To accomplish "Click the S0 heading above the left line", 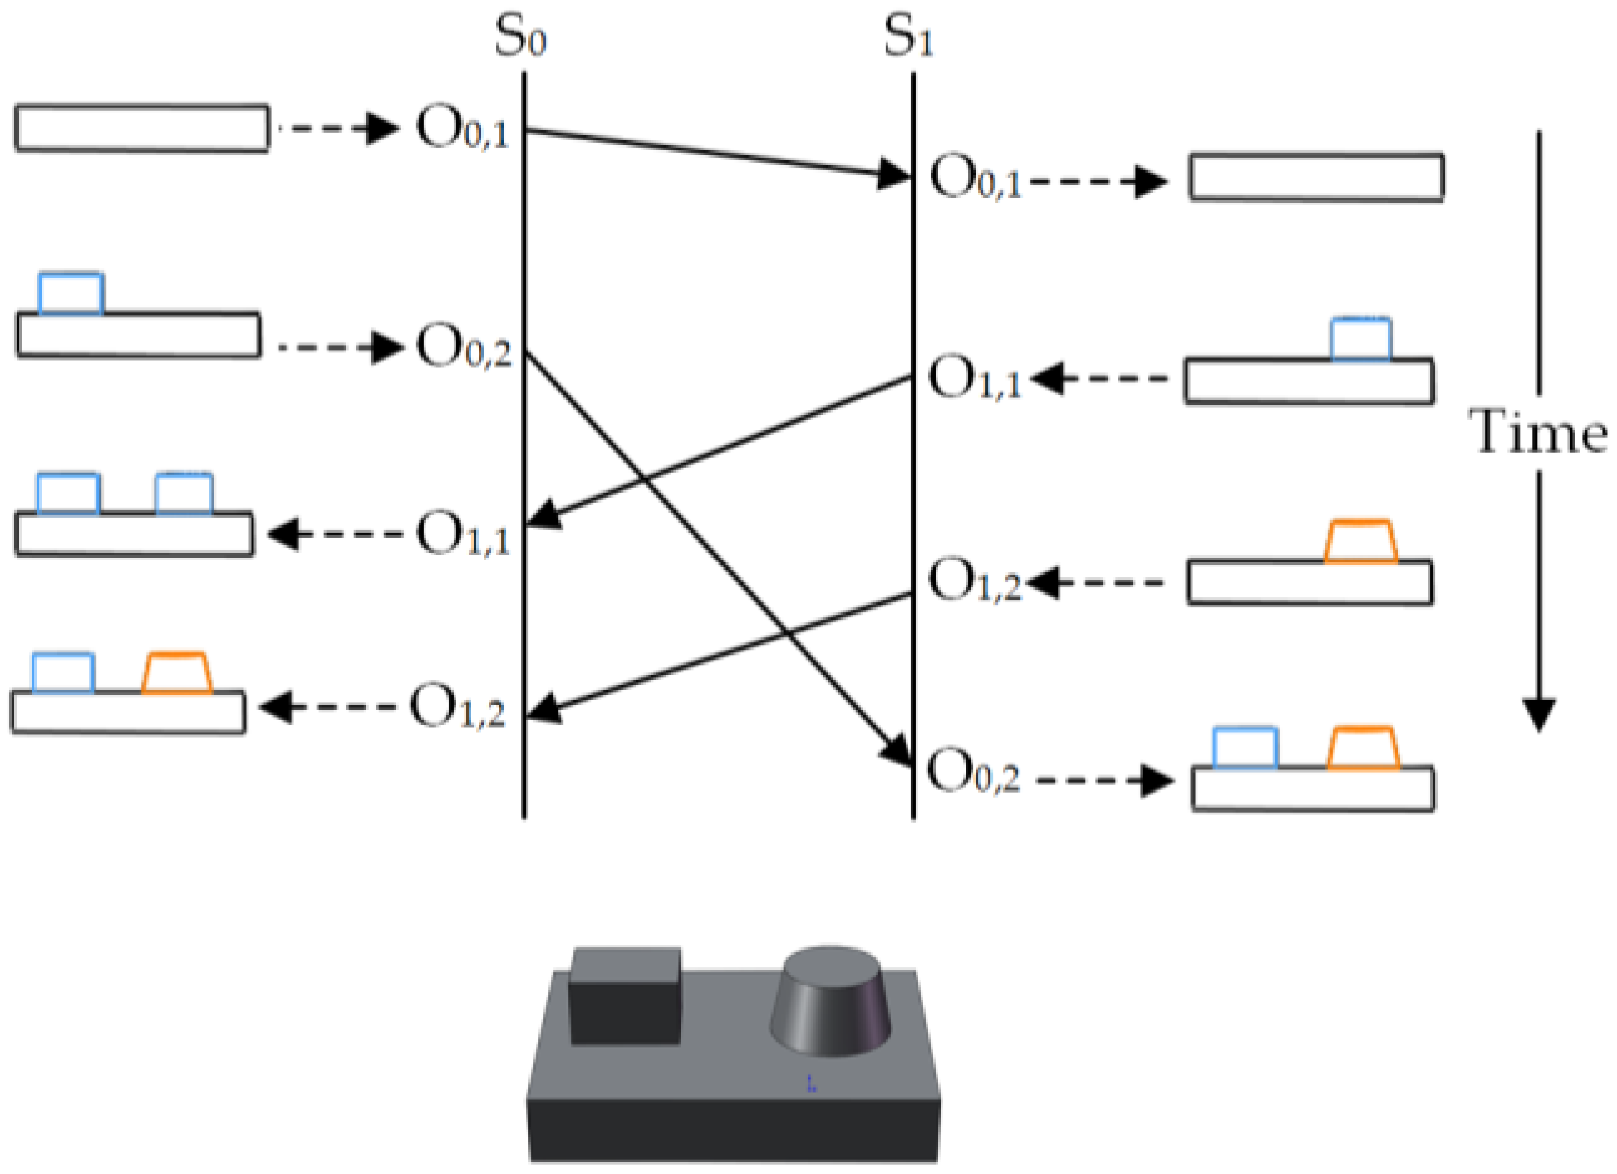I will click(x=520, y=37).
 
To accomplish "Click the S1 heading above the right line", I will click(x=908, y=37).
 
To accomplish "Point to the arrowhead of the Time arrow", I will click(x=1539, y=714).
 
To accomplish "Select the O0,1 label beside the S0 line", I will click(x=462, y=129).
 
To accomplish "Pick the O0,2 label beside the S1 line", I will click(x=973, y=772).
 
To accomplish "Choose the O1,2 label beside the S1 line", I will click(x=974, y=580).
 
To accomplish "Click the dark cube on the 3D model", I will click(x=625, y=995).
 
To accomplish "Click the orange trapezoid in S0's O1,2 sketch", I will click(x=177, y=673).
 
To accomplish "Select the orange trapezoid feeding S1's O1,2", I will click(x=1360, y=542).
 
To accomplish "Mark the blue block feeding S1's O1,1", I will click(x=1360, y=339).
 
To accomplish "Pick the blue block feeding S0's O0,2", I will click(x=71, y=293).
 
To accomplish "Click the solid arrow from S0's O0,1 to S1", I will click(x=715, y=153).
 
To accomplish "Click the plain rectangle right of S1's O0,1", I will click(x=1316, y=177).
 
